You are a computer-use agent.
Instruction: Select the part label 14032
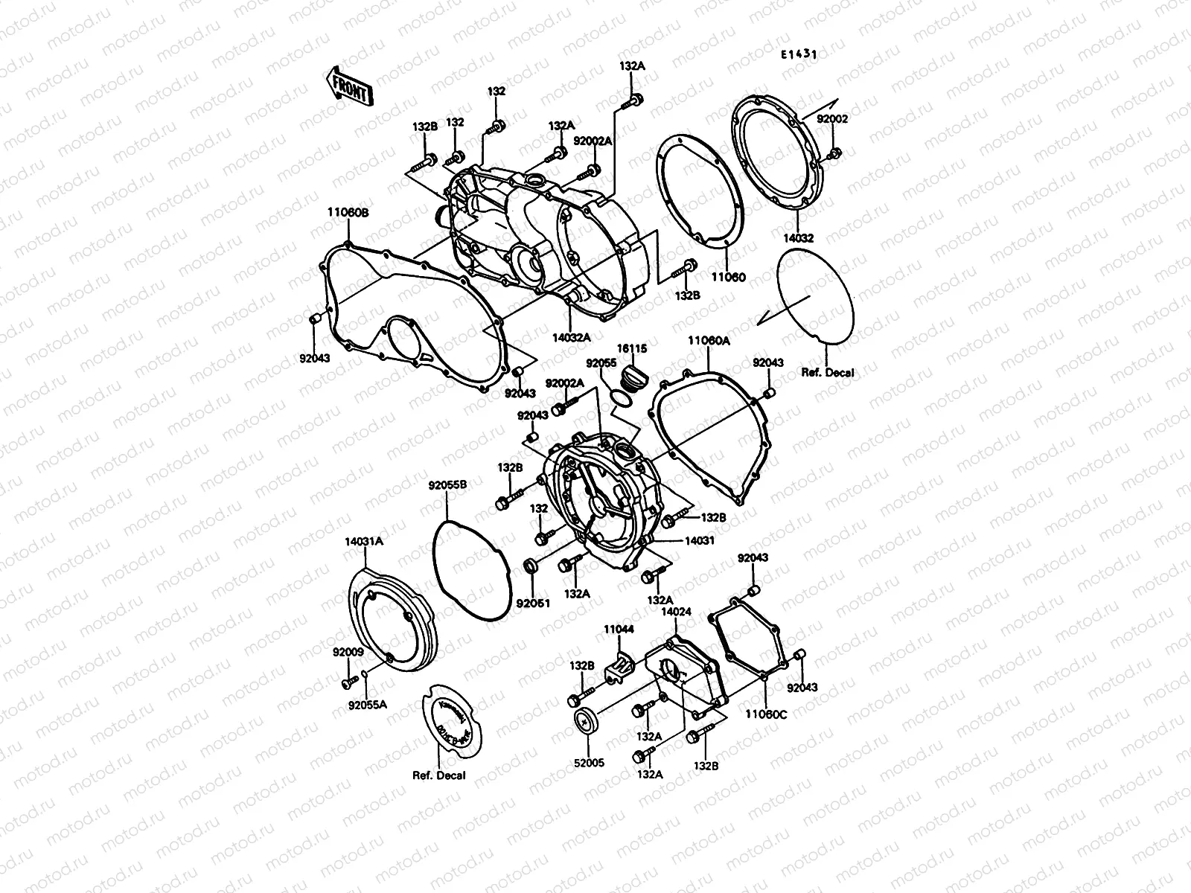tap(797, 238)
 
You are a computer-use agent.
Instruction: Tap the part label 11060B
tap(348, 212)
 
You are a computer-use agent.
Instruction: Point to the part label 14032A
tap(572, 336)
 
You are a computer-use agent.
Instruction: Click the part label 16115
tap(632, 348)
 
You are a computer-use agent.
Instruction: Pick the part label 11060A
tap(708, 340)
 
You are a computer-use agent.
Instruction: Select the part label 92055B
tap(447, 485)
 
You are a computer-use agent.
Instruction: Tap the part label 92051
tap(532, 603)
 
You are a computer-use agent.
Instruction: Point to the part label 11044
tap(619, 629)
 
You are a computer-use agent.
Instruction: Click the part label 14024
tap(676, 612)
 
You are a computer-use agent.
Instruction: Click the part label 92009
tap(348, 652)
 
